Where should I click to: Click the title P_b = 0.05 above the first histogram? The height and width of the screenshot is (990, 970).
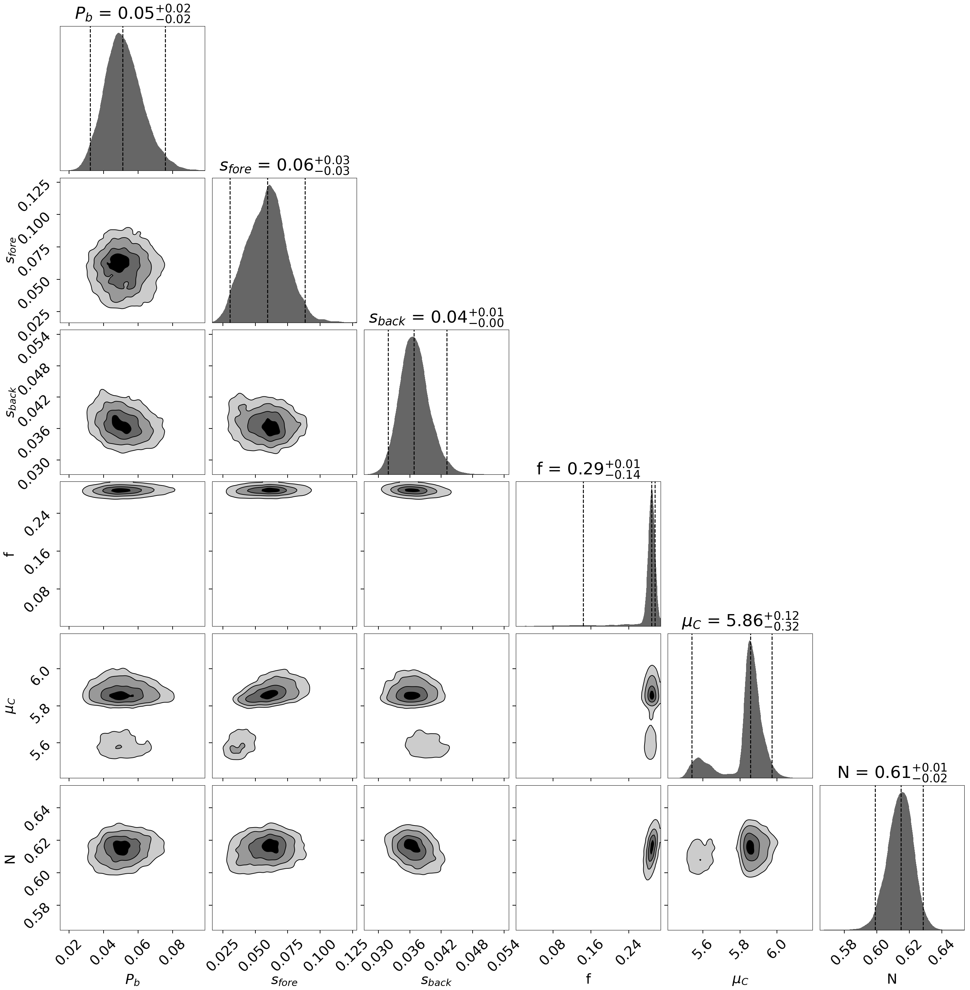pyautogui.click(x=132, y=13)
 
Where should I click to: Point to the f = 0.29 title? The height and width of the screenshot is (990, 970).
pyautogui.click(x=588, y=468)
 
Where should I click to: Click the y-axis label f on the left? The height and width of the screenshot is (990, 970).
pyautogui.click(x=9, y=553)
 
